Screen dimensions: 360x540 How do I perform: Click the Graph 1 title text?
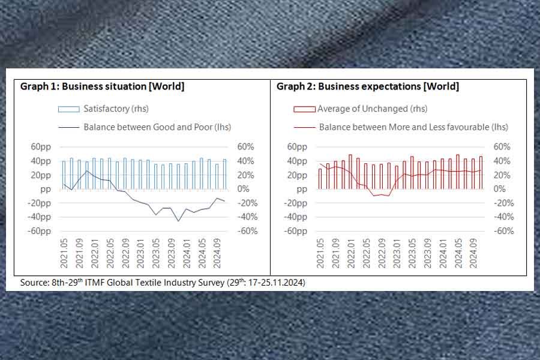[x=102, y=86]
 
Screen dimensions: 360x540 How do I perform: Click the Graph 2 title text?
[x=367, y=86]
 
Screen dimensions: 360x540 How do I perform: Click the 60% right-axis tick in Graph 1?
[x=247, y=147]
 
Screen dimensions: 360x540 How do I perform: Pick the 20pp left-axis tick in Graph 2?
[x=298, y=175]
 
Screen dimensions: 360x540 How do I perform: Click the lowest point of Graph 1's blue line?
[x=178, y=221]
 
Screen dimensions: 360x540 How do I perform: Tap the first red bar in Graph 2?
[x=320, y=179]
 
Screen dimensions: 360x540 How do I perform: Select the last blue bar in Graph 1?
[x=224, y=174]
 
